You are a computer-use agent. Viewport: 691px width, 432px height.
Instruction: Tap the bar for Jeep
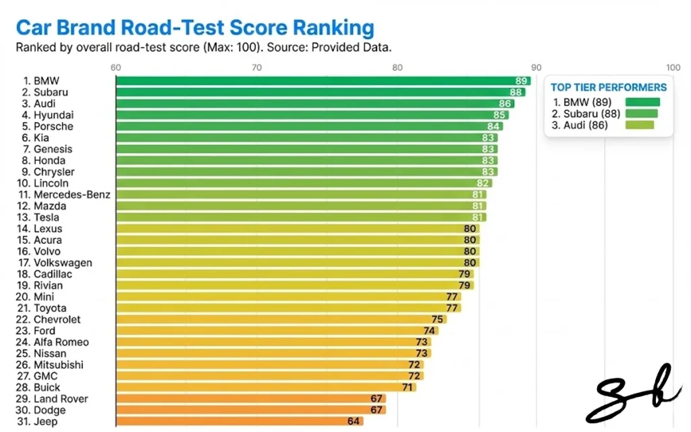click(x=240, y=422)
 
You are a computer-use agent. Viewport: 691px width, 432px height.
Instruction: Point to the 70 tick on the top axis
click(x=256, y=67)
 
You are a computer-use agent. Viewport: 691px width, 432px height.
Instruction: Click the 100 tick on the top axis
click(x=673, y=67)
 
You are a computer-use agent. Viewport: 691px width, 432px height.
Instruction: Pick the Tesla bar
click(x=300, y=217)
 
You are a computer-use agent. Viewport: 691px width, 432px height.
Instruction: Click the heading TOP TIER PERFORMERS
click(x=609, y=87)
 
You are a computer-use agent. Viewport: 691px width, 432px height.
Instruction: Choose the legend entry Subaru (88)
click(x=586, y=113)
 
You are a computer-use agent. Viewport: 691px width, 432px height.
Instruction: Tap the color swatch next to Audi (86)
click(x=640, y=125)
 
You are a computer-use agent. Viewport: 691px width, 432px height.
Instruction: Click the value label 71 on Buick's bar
click(x=408, y=387)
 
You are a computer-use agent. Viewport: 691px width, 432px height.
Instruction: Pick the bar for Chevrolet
click(x=281, y=319)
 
